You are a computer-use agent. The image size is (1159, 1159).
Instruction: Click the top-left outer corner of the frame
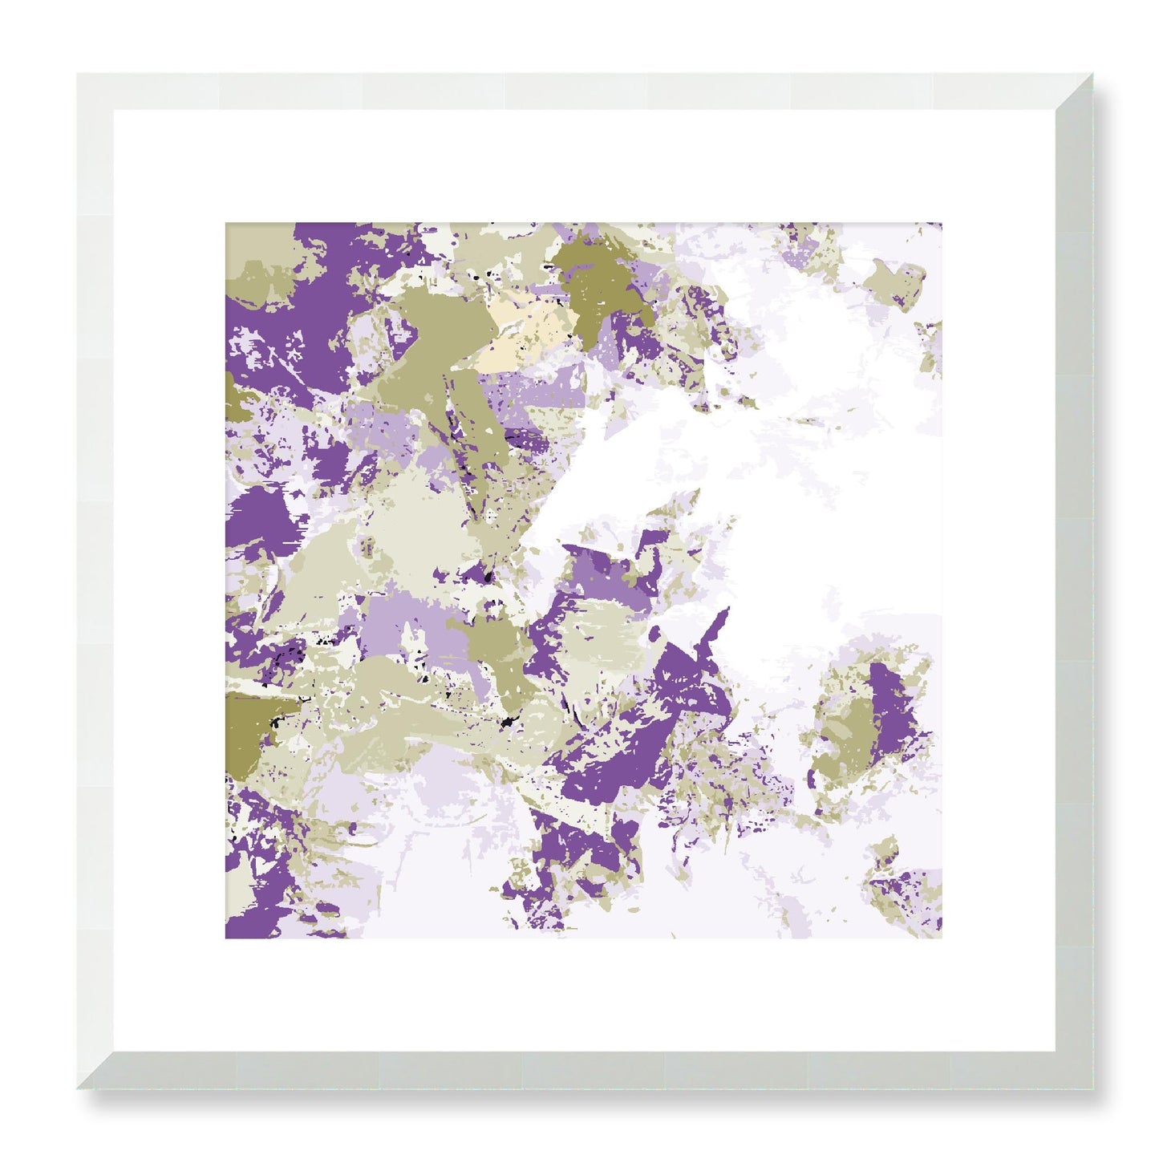[x=78, y=75]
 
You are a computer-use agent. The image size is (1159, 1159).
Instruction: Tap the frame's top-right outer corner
[x=1092, y=75]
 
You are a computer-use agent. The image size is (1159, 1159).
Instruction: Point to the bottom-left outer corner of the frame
[x=78, y=1088]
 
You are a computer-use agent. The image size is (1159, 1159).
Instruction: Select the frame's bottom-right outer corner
[x=1092, y=1088]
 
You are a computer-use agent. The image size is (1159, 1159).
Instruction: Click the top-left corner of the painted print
[x=226, y=224]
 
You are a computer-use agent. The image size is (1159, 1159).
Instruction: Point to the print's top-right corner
[x=941, y=224]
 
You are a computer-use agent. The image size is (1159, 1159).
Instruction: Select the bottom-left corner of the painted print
[x=226, y=937]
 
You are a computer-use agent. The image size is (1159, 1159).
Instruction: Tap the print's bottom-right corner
[x=941, y=937]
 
